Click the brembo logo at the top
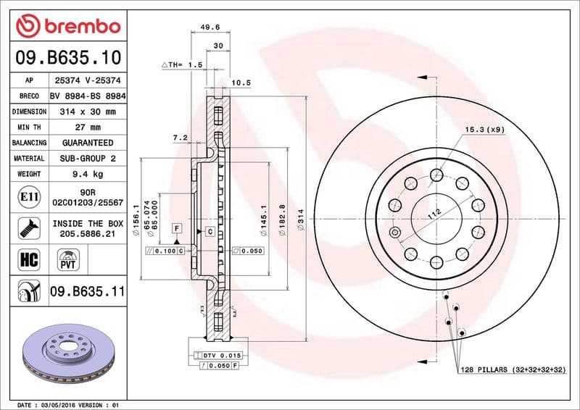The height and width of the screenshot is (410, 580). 69,26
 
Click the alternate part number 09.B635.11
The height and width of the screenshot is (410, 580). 88,292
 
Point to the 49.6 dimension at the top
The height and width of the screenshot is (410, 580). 210,28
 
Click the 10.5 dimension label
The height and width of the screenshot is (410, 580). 241,83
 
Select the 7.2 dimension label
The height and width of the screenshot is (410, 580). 180,136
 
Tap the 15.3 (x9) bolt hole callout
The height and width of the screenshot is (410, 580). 485,130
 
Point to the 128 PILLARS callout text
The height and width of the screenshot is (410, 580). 513,370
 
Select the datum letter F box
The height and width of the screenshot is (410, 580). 176,228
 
